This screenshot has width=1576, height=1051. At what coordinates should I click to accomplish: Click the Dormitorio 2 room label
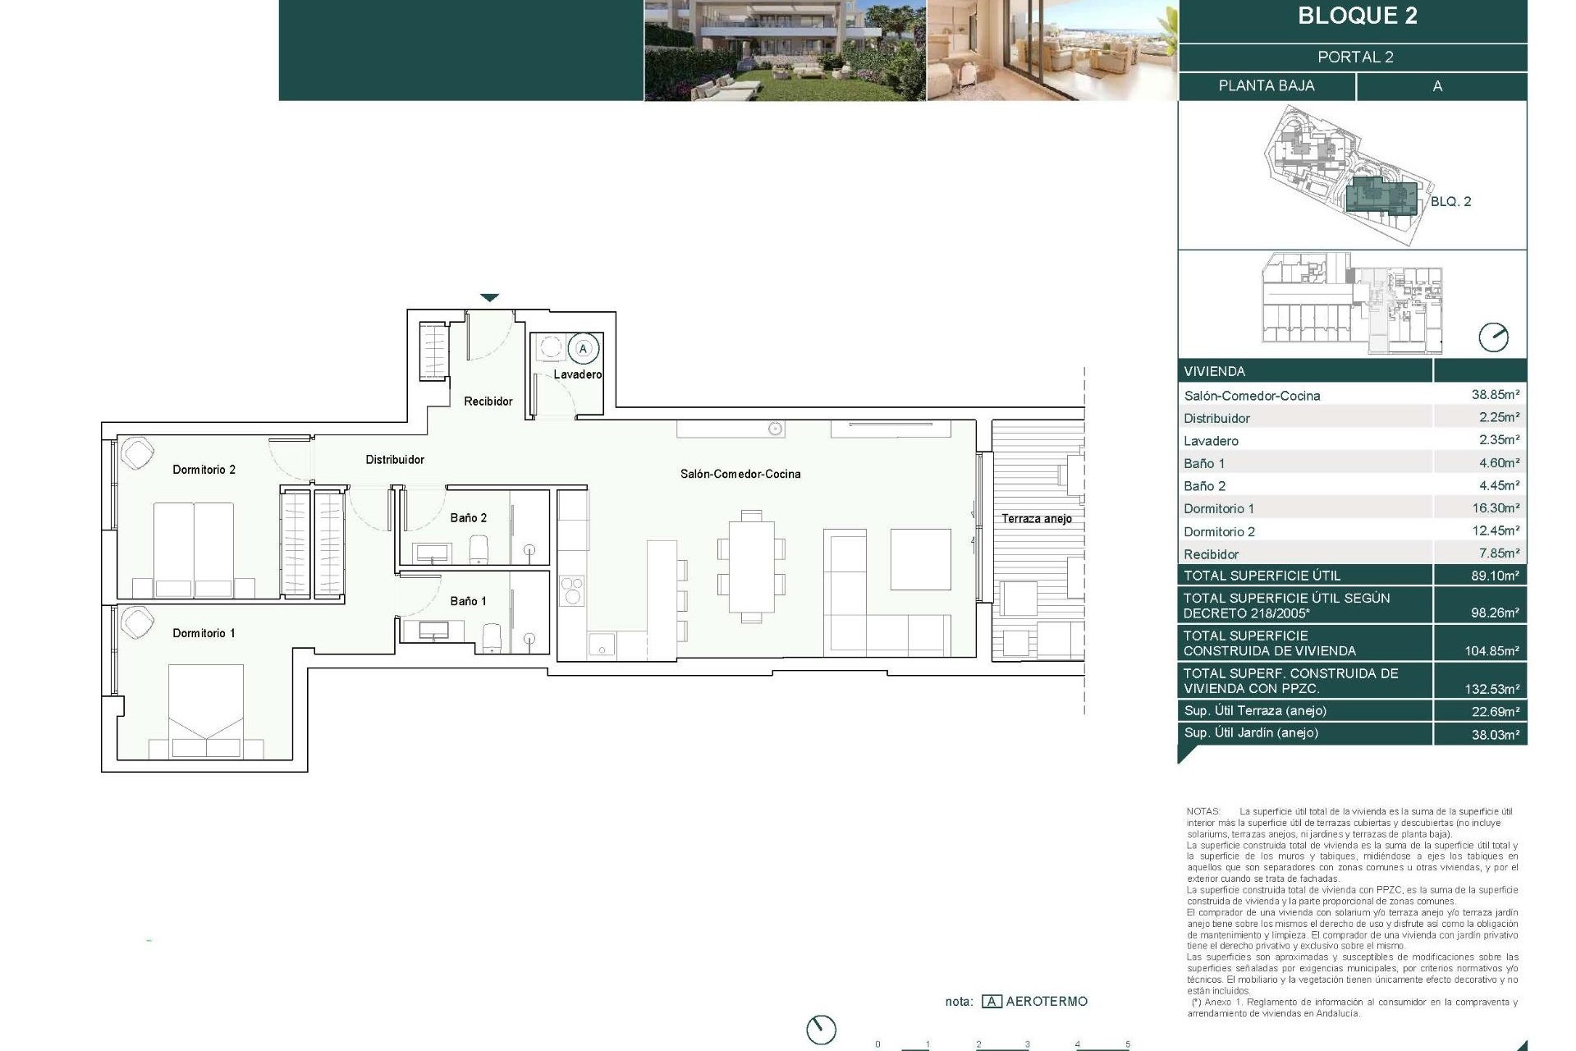[204, 470]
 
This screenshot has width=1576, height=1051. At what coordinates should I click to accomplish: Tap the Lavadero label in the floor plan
[577, 374]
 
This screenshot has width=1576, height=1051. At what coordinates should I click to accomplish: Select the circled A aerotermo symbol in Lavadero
[584, 349]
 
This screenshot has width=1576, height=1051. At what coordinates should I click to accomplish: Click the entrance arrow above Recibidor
[489, 298]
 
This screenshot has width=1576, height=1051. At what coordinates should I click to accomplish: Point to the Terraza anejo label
[1036, 519]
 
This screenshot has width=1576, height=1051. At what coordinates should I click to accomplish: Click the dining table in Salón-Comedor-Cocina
[751, 567]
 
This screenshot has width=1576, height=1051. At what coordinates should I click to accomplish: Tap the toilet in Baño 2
[479, 549]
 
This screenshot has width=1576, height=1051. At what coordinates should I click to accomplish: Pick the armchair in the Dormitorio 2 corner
[137, 453]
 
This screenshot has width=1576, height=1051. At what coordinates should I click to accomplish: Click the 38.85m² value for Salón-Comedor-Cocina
[1495, 395]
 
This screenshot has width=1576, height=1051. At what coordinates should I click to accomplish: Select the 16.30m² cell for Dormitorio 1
[1495, 508]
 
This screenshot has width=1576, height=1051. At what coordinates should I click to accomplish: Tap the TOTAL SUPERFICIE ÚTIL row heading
[1262, 576]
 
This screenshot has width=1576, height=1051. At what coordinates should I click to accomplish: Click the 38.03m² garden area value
[1495, 735]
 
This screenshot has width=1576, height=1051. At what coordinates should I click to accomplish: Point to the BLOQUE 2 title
[1357, 16]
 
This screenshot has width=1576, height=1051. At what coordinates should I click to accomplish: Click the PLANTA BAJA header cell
[1266, 86]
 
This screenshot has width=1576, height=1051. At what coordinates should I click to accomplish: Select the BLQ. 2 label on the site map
[1450, 202]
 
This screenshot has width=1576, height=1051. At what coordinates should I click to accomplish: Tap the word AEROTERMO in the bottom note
[1046, 1002]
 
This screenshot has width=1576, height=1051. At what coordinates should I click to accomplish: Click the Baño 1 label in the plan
[468, 602]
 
